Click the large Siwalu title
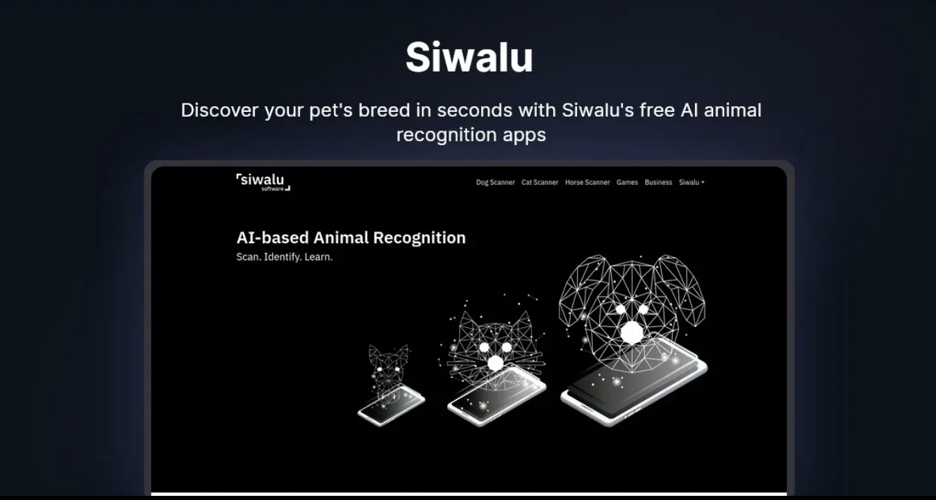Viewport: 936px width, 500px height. click(469, 57)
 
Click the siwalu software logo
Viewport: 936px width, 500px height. click(263, 182)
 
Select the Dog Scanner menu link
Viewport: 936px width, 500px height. click(496, 182)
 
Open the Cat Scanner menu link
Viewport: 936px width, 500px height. click(540, 182)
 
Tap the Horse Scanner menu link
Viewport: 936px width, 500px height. click(587, 182)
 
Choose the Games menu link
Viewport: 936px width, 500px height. click(627, 182)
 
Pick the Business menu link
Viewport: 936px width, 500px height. click(658, 182)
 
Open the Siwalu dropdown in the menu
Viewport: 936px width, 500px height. click(692, 182)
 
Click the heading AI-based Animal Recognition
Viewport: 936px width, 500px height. click(351, 237)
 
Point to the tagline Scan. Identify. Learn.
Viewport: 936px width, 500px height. click(285, 257)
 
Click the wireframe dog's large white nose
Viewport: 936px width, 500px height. click(633, 333)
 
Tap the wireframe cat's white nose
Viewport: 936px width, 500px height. click(496, 363)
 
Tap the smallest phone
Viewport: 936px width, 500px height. click(392, 406)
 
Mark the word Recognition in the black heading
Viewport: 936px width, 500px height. click(419, 238)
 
